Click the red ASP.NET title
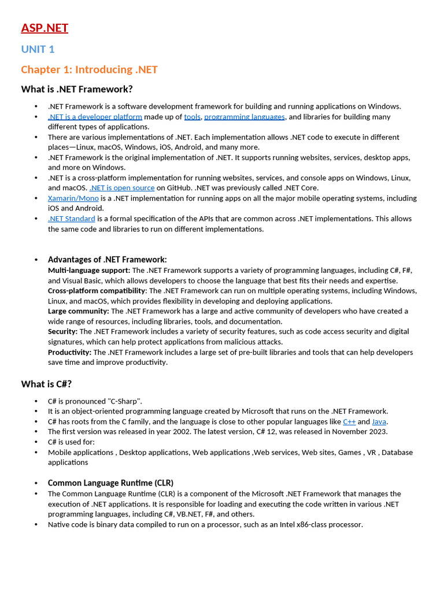tap(45, 28)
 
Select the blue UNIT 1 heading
tap(38, 49)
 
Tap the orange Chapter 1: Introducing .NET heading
tap(89, 69)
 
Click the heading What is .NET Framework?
tap(76, 89)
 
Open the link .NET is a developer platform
tap(95, 117)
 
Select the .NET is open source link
tap(122, 188)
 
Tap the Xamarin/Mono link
tap(73, 198)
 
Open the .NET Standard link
tap(72, 219)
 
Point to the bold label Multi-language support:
tap(89, 270)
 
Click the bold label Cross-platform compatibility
tap(97, 291)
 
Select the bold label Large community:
tap(78, 311)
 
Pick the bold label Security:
tap(62, 332)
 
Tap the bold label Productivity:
tap(69, 352)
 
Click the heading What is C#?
tap(46, 384)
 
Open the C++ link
tap(349, 422)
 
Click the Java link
tap(379, 422)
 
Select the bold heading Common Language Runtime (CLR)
tap(110, 483)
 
